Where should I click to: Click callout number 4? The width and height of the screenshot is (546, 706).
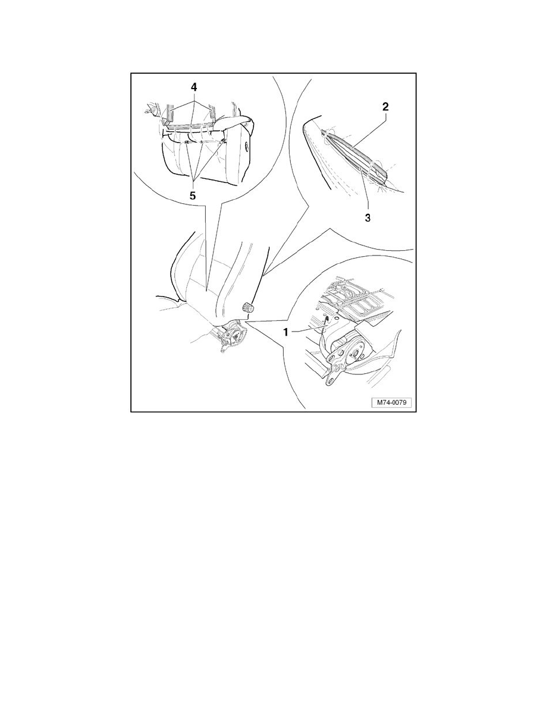click(194, 86)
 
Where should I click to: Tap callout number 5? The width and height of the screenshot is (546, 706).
click(193, 196)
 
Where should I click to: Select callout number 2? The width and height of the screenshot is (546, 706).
click(385, 107)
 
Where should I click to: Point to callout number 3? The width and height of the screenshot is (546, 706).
click(368, 218)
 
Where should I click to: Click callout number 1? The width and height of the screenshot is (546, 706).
click(285, 332)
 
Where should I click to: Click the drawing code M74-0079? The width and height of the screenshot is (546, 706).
click(391, 402)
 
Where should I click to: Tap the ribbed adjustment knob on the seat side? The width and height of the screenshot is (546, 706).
click(248, 307)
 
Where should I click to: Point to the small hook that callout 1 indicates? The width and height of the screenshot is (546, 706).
click(325, 320)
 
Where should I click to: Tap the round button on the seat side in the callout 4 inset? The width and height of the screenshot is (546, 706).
click(247, 146)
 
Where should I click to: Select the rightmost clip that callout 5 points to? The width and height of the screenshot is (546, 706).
click(223, 142)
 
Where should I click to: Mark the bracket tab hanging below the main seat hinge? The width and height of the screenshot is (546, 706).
click(224, 348)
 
